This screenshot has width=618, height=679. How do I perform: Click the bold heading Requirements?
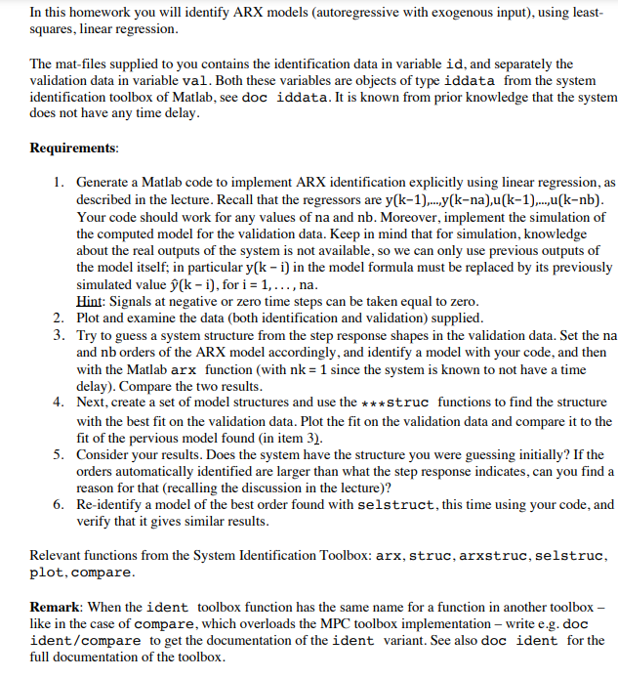point(74,149)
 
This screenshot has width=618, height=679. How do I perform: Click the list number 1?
point(60,183)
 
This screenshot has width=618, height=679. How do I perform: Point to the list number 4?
point(60,402)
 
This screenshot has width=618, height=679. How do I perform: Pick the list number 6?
point(60,505)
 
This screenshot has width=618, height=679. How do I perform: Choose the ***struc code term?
point(395,403)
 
